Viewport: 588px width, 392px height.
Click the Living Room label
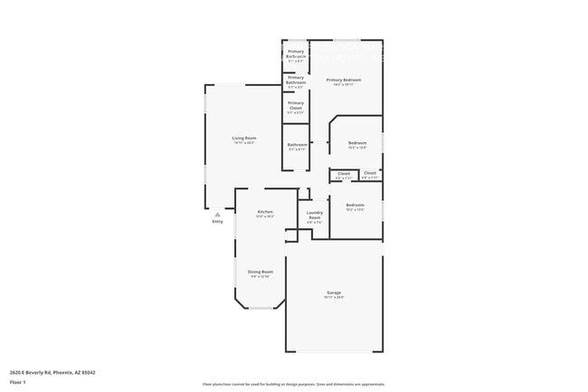click(x=244, y=138)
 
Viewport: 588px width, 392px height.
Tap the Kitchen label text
click(x=264, y=211)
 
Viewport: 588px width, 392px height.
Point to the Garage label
click(x=334, y=292)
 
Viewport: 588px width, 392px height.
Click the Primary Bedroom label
click(x=344, y=80)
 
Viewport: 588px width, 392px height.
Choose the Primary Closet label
click(x=296, y=105)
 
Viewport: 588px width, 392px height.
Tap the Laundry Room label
click(x=314, y=216)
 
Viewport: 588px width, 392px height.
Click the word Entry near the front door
click(x=217, y=221)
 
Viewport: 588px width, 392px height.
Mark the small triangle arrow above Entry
click(x=217, y=214)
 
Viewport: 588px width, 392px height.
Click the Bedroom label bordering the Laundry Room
click(x=355, y=206)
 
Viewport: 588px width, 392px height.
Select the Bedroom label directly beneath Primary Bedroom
click(x=357, y=142)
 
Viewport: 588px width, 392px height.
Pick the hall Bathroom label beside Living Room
click(x=298, y=144)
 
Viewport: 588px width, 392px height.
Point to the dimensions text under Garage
click(x=334, y=297)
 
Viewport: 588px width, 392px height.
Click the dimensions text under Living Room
click(x=244, y=143)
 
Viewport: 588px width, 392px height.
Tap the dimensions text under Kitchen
click(x=264, y=216)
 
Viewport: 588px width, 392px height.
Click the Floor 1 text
click(x=18, y=381)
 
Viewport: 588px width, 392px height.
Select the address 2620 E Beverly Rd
click(x=52, y=371)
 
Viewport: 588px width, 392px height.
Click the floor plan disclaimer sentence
click(x=293, y=384)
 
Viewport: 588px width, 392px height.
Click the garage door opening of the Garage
click(x=334, y=351)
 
